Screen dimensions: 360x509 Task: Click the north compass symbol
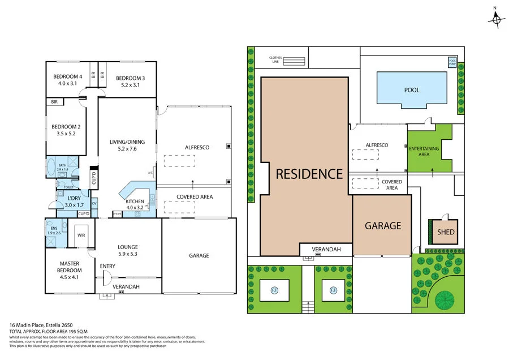click(x=497, y=20)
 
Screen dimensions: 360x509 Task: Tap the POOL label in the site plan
click(x=412, y=90)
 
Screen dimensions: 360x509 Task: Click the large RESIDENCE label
click(x=309, y=174)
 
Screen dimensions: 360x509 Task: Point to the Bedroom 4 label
click(x=67, y=77)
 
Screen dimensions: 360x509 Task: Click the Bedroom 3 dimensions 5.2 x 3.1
click(x=130, y=85)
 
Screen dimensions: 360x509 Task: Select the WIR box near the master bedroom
click(x=81, y=235)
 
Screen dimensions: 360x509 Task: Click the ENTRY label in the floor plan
click(x=107, y=266)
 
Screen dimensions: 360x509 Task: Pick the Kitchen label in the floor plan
click(x=135, y=202)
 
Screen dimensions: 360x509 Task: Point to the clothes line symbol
click(x=297, y=61)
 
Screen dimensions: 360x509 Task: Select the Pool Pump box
click(x=452, y=62)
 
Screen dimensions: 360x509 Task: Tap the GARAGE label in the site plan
click(x=382, y=225)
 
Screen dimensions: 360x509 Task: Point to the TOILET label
click(x=68, y=187)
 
